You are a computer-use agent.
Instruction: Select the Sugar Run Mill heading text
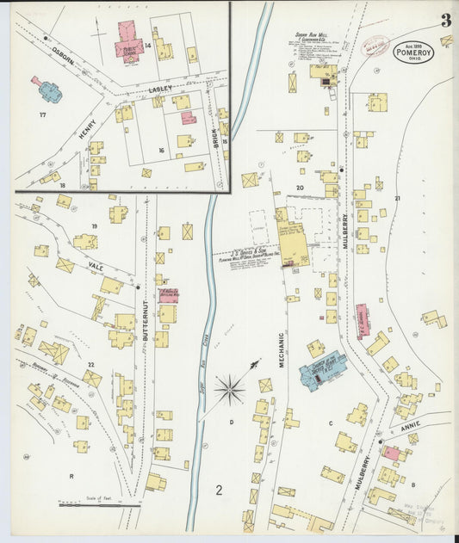click(x=313, y=35)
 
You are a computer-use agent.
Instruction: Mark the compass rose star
click(x=229, y=389)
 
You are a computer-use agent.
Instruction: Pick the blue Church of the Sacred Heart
click(x=322, y=373)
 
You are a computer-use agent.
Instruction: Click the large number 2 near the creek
click(x=220, y=491)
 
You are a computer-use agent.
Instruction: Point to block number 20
click(x=301, y=187)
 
